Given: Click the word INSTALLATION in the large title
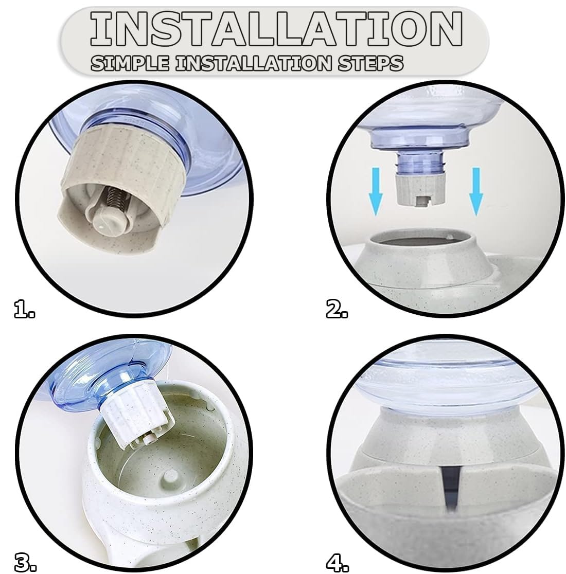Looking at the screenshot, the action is click(276, 29).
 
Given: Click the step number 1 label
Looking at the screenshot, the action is click(25, 308).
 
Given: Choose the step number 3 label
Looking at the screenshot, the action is click(25, 562).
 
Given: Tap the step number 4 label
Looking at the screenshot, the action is click(337, 562).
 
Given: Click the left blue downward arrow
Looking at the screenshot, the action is click(376, 191).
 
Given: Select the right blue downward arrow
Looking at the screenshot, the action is click(476, 191).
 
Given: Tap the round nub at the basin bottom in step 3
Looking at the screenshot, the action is click(170, 477).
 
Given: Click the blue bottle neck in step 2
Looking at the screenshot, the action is click(421, 163).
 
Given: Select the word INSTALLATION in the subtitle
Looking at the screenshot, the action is click(253, 63).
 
